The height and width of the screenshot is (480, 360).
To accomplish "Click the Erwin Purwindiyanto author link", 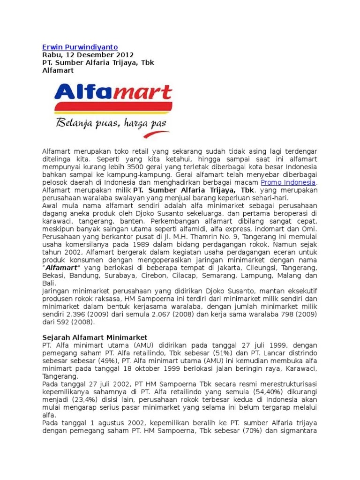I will click(80, 47).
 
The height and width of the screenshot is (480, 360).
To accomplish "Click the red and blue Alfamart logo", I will click(113, 96).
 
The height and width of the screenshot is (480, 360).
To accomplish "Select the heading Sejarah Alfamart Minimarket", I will click(95, 337).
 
